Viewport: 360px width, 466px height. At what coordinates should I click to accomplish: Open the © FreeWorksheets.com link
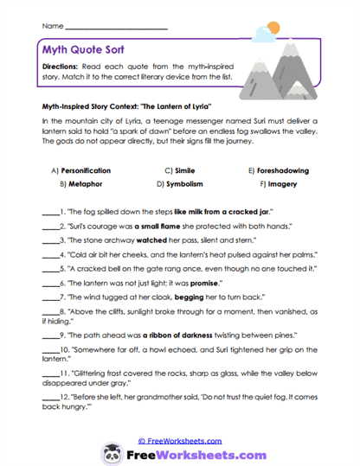pos(179,440)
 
